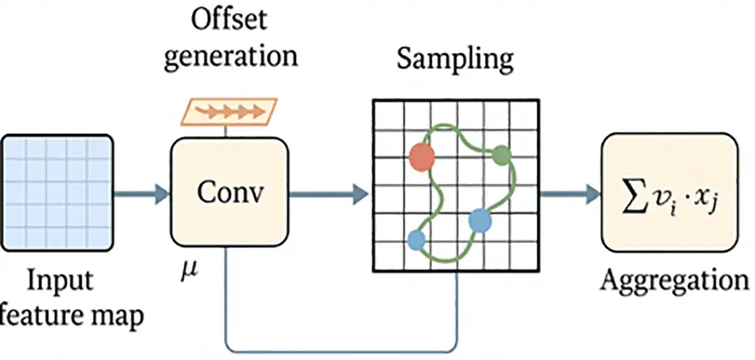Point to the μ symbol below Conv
[x=190, y=275]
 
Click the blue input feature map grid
[x=55, y=190]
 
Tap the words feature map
[x=75, y=317]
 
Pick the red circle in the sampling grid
[x=423, y=156]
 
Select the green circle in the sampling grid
[x=502, y=156]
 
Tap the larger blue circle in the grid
[x=480, y=222]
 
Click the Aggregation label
[x=673, y=280]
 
